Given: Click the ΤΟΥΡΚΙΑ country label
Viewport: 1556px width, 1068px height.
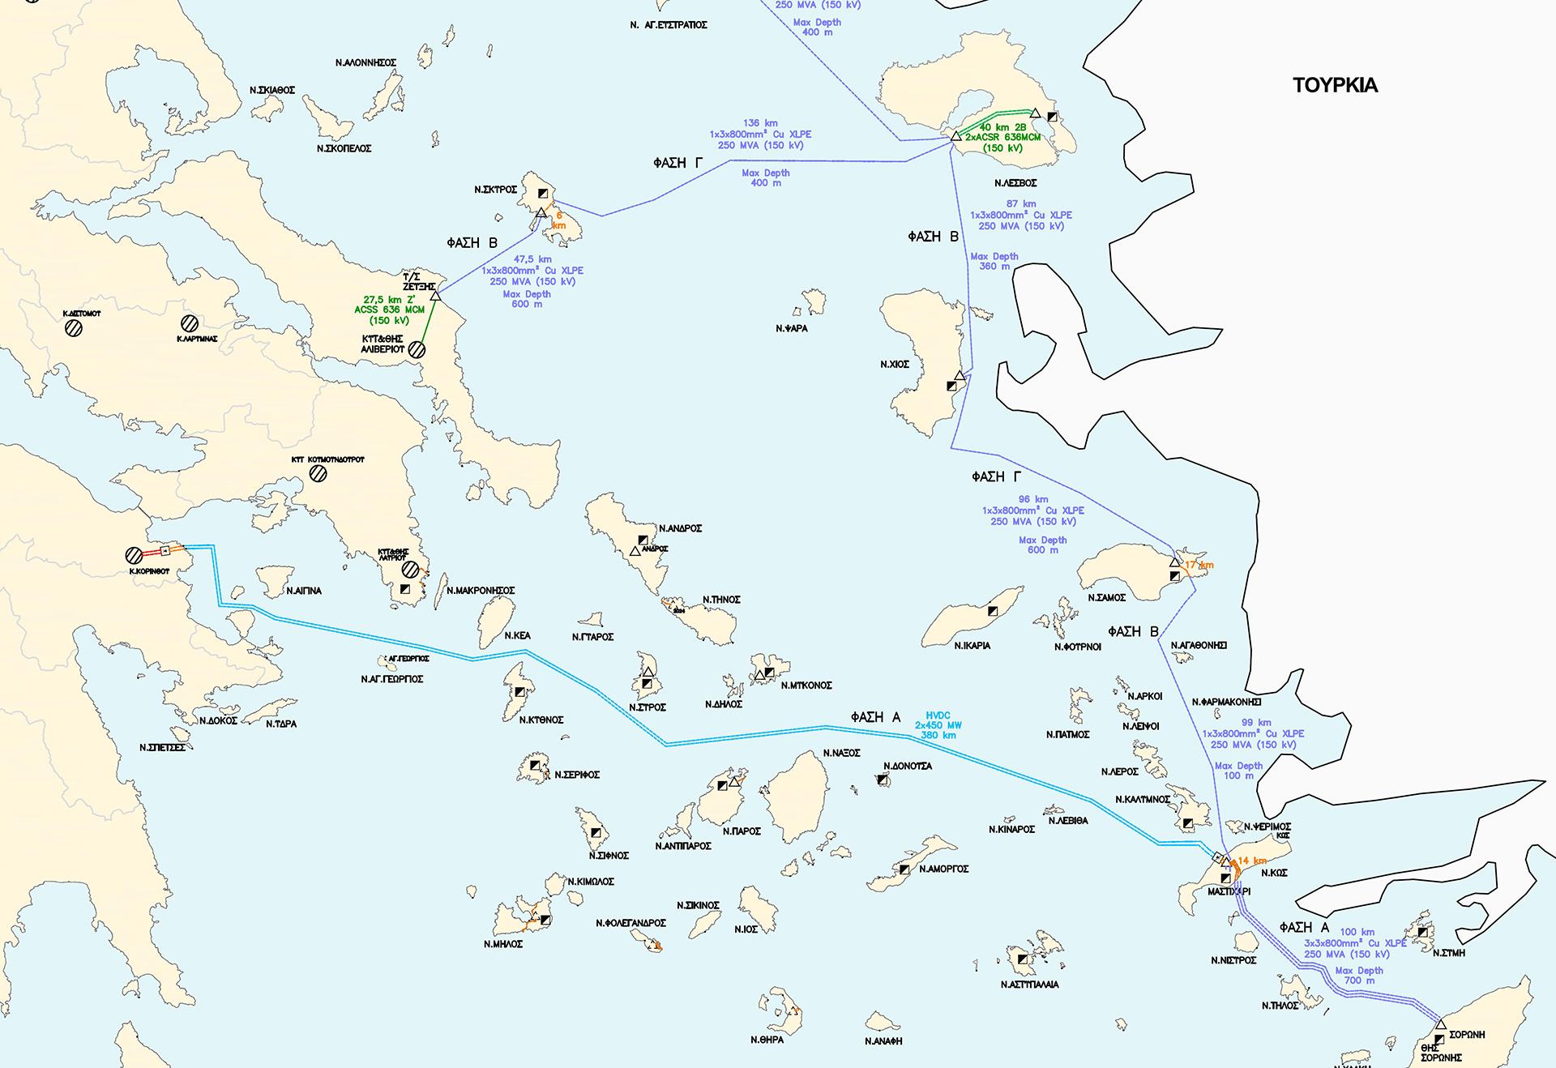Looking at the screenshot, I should pyautogui.click(x=1335, y=85).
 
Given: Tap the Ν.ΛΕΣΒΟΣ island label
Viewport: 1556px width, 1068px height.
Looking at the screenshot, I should pyautogui.click(x=1015, y=183).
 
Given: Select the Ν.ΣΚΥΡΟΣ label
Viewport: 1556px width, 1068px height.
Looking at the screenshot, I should pyautogui.click(x=495, y=190).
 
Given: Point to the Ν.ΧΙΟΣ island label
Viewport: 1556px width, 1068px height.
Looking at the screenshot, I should pyautogui.click(x=895, y=365).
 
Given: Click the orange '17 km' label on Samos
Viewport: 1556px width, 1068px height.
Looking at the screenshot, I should pyautogui.click(x=1199, y=565).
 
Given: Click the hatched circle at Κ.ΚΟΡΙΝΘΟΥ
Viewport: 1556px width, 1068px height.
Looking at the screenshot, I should pyautogui.click(x=135, y=556).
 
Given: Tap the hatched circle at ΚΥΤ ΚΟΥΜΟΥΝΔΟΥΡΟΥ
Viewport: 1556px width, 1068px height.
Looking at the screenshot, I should pyautogui.click(x=318, y=473).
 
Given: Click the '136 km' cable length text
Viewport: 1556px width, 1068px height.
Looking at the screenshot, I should pyautogui.click(x=759, y=123).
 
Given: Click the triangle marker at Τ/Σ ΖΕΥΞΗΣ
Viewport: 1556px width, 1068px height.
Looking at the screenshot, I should pyautogui.click(x=435, y=296).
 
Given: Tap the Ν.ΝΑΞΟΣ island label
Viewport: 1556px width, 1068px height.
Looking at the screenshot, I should pyautogui.click(x=841, y=753).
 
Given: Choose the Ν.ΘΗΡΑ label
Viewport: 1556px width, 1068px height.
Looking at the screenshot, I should pyautogui.click(x=767, y=1040).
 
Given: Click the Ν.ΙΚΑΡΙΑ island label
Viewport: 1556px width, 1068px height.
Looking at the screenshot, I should pyautogui.click(x=972, y=646).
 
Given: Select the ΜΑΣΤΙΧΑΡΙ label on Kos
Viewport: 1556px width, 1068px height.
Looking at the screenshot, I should pyautogui.click(x=1229, y=891).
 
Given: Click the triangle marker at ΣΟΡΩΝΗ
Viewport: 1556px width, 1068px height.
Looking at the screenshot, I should pyautogui.click(x=1440, y=1025).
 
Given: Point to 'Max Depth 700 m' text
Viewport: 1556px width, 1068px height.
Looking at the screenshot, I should pyautogui.click(x=1359, y=975).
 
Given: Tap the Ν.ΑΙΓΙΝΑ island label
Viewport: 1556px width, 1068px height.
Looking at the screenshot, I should pyautogui.click(x=304, y=591).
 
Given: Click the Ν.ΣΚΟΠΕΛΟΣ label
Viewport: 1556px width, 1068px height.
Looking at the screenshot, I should pyautogui.click(x=344, y=149).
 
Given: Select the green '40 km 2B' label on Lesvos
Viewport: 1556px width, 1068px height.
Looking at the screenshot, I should pyautogui.click(x=1003, y=127).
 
